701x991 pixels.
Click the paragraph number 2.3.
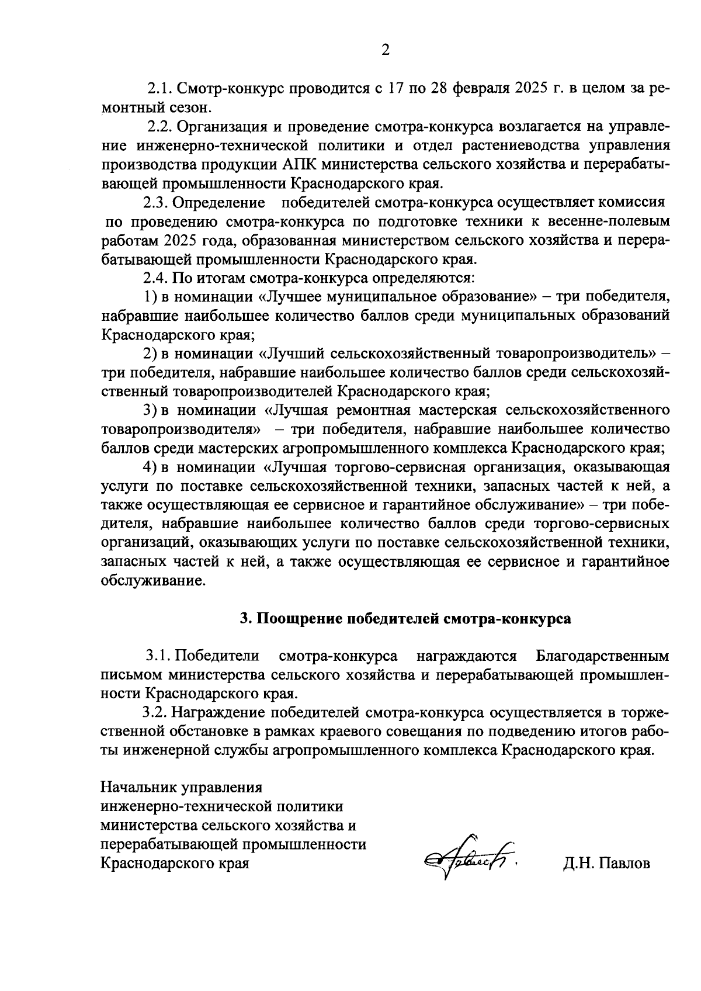point(155,202)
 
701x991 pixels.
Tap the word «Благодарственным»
point(602,656)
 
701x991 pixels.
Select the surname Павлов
point(624,864)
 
